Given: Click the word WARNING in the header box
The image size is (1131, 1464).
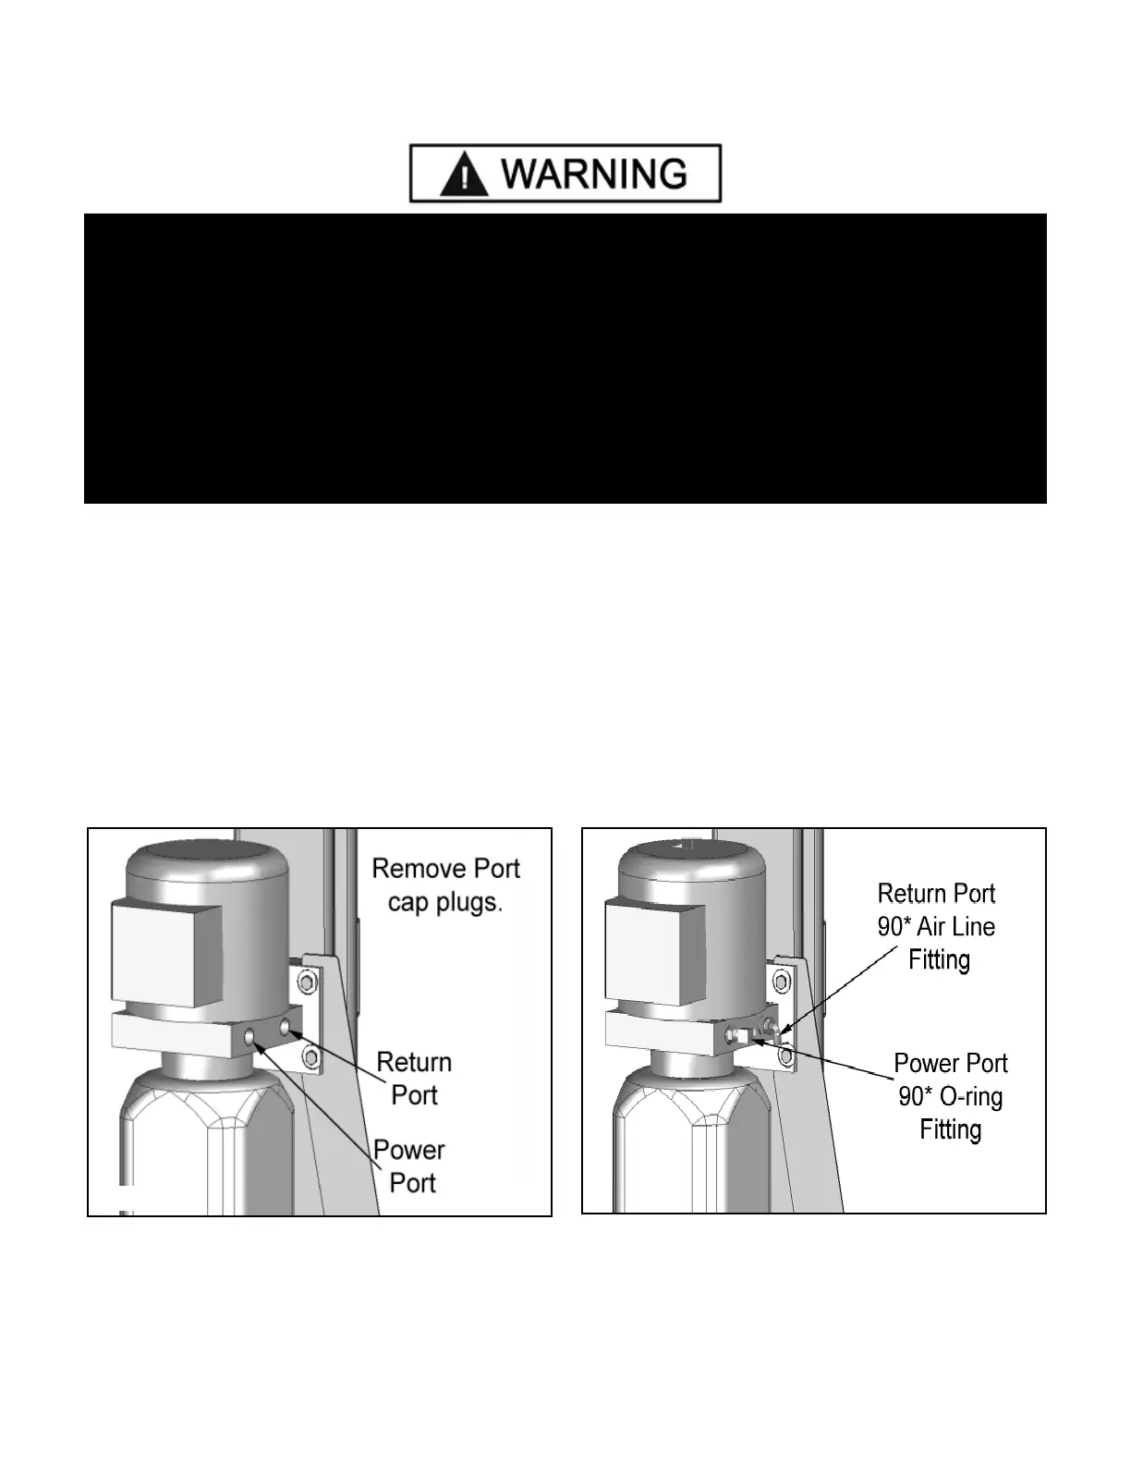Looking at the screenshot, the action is [597, 174].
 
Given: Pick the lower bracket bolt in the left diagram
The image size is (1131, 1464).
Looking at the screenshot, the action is [310, 1055].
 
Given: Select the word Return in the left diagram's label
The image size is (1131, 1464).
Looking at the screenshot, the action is [414, 1062].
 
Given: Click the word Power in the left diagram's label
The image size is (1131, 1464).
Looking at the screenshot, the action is [409, 1151].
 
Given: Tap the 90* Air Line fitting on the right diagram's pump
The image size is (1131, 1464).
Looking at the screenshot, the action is [767, 1026].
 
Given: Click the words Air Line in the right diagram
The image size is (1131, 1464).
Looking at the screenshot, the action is [955, 927].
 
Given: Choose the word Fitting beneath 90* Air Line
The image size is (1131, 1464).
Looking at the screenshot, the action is [939, 960].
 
